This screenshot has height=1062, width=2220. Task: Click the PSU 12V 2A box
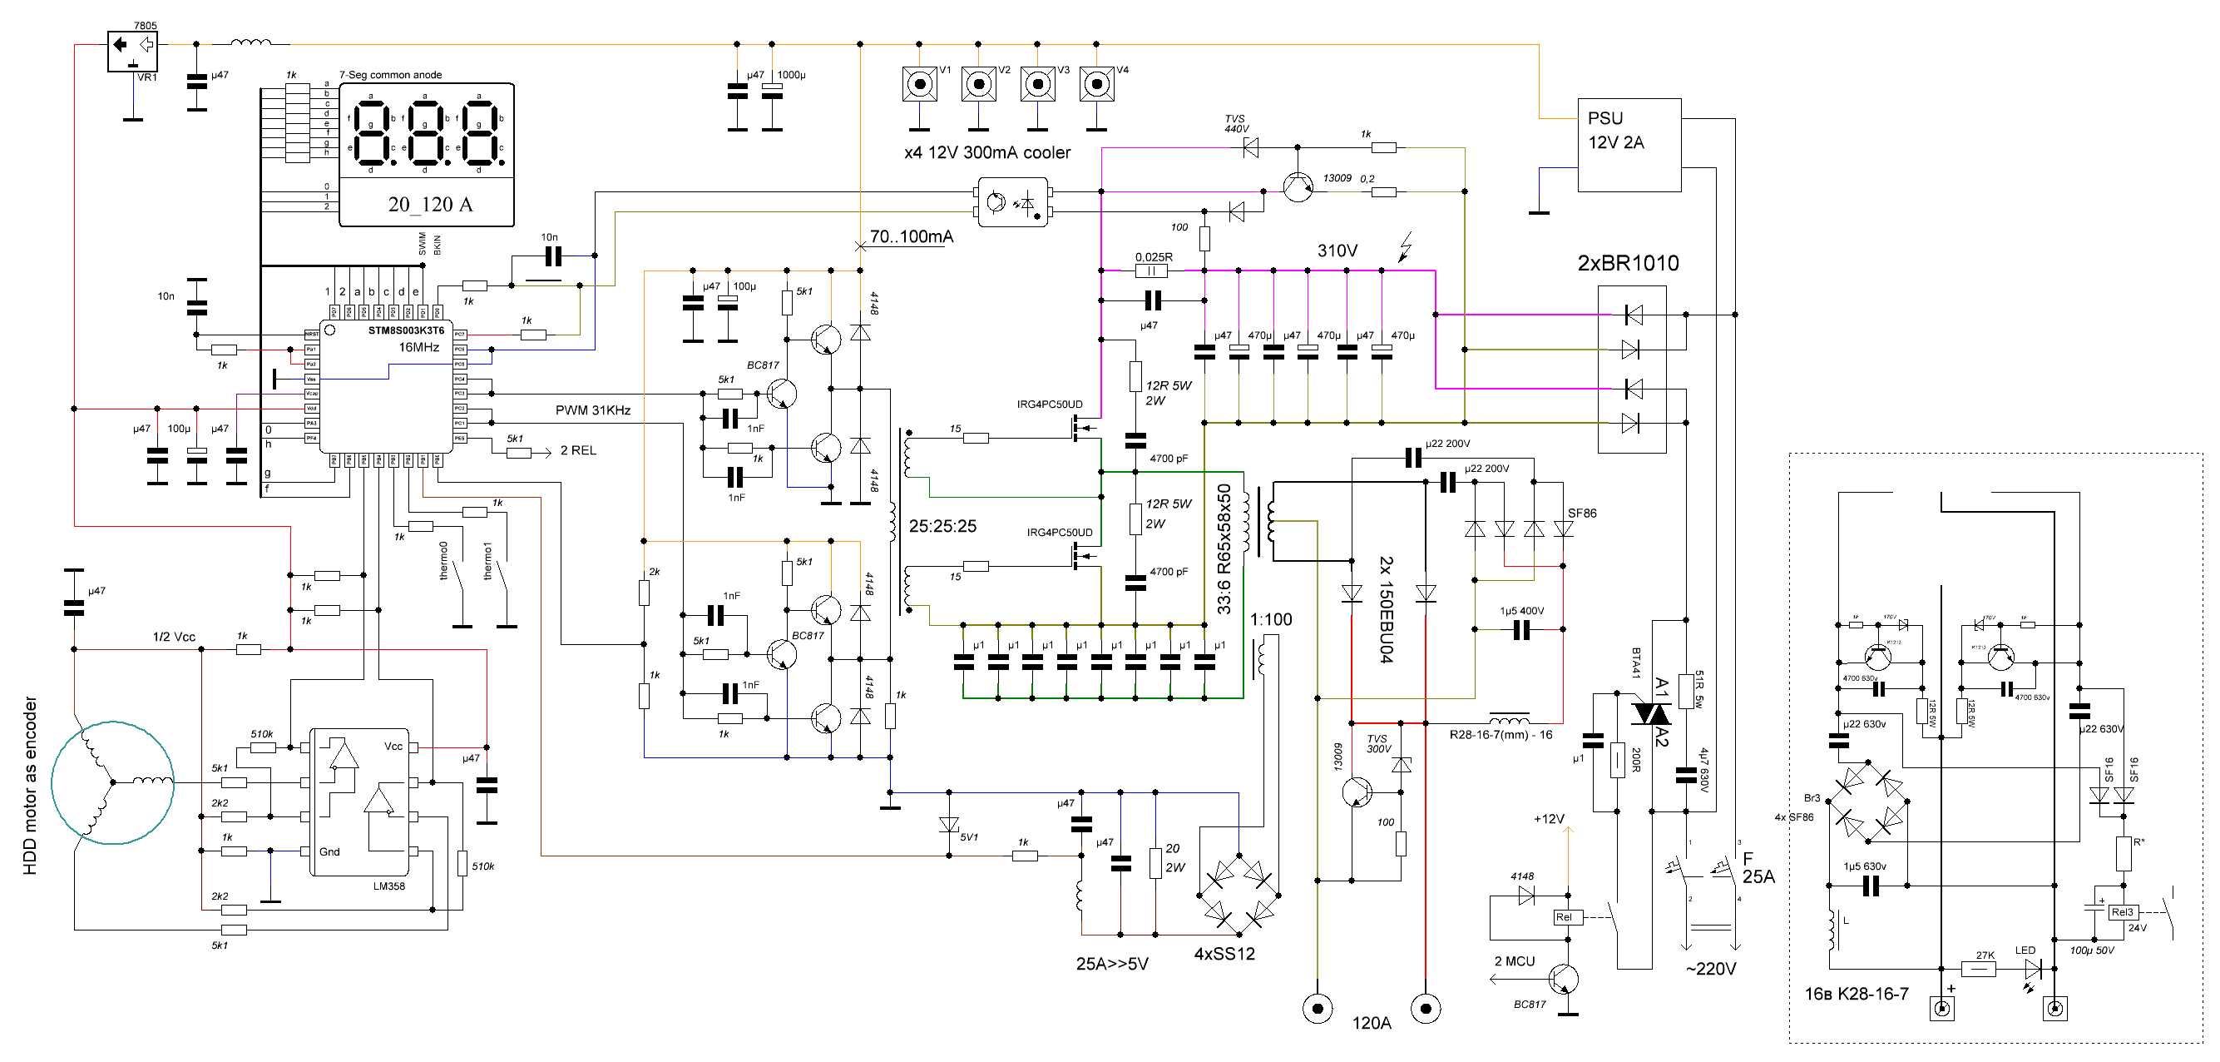(x=1628, y=144)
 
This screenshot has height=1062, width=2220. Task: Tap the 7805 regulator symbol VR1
(x=132, y=51)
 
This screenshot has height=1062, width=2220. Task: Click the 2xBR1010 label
(x=1627, y=263)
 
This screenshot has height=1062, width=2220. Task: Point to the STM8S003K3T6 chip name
(x=406, y=330)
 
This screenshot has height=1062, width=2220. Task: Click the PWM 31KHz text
(x=592, y=410)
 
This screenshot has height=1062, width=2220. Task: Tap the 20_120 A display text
(x=429, y=204)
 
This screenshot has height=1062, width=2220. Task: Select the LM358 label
(x=388, y=886)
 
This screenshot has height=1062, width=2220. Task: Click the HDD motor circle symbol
(x=112, y=782)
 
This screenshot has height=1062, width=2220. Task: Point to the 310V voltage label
(x=1337, y=251)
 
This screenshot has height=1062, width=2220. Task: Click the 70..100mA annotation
(x=911, y=236)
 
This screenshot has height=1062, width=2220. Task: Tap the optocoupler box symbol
(x=1012, y=202)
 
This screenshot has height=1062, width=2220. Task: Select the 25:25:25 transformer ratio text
(x=942, y=526)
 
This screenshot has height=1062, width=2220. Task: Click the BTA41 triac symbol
(x=1650, y=714)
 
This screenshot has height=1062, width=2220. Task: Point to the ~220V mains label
(x=1710, y=969)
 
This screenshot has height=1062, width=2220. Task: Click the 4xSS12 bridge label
(x=1224, y=955)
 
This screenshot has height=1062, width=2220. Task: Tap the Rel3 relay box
(x=2122, y=912)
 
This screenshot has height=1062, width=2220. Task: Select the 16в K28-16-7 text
(x=1856, y=994)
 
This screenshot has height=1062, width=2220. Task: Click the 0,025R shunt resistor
(x=1151, y=270)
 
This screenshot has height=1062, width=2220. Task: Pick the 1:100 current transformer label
(x=1270, y=620)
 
